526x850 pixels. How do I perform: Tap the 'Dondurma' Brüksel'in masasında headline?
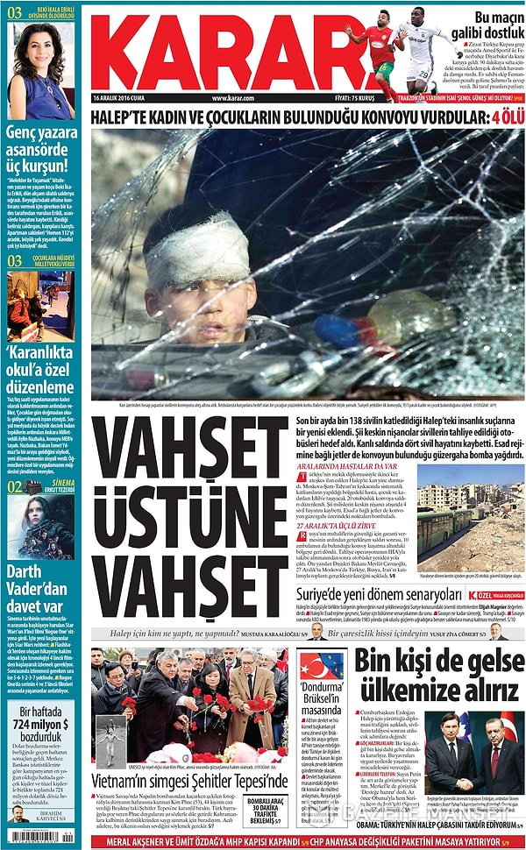point(320,697)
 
